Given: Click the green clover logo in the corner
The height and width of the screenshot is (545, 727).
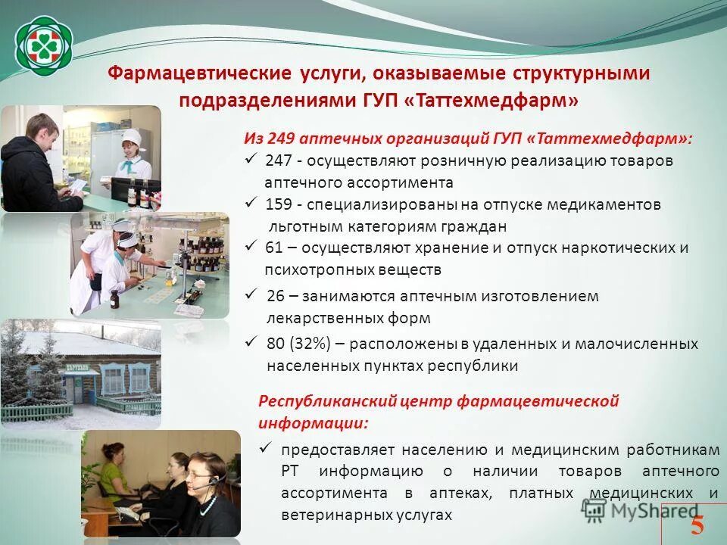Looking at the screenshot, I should click(45, 45).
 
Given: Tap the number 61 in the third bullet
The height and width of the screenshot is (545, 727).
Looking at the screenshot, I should click(274, 248).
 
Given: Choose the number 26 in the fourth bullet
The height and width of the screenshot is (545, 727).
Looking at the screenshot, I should click(276, 296).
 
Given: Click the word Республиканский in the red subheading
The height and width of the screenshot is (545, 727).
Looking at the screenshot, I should click(317, 401).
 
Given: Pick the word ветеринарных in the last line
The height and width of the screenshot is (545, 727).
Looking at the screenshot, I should click(326, 515).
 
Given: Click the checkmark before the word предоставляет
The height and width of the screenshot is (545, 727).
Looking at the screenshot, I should click(265, 448).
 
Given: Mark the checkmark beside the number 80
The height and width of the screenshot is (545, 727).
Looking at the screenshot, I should click(252, 342).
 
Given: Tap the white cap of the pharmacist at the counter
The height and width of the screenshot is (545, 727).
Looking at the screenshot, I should click(132, 136).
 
